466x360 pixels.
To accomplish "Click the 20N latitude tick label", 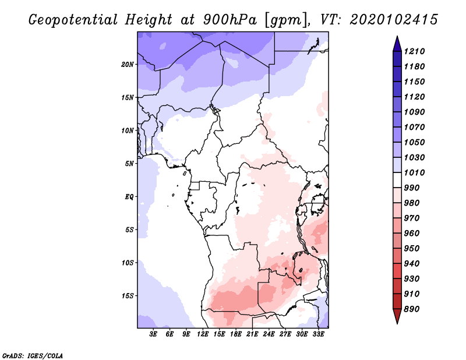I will point(128,64).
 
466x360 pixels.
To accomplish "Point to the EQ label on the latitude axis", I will point(129,196).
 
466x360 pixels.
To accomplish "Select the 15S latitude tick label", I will point(128,295).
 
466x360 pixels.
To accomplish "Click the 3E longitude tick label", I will point(154,334).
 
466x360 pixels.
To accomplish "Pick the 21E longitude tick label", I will point(252,334).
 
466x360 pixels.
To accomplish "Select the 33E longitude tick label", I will point(318,334).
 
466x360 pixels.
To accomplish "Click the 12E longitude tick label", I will point(203,334).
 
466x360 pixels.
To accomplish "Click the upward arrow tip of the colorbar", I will point(397,38).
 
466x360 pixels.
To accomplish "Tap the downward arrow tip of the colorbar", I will point(397,322).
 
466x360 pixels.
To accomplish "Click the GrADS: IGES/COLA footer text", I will point(33,355).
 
